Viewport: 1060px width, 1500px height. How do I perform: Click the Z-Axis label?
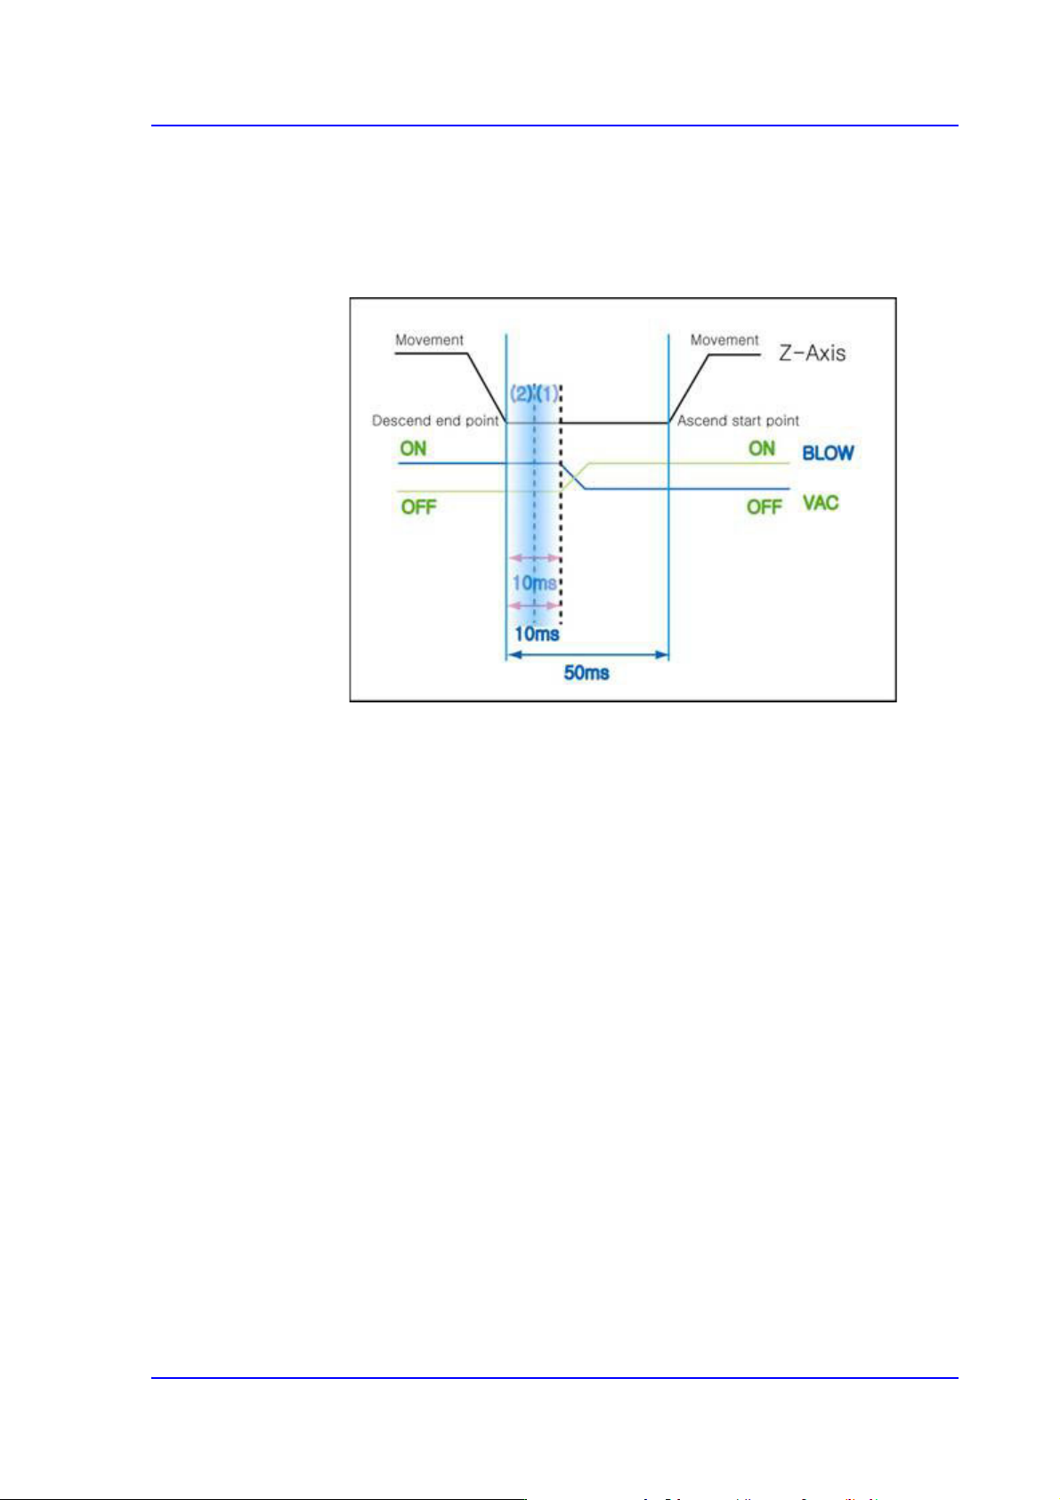[x=812, y=353]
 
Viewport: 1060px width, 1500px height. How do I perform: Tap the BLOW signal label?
[x=828, y=453]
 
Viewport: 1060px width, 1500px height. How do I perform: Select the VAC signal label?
[x=821, y=503]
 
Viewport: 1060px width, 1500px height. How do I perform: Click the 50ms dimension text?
[x=587, y=673]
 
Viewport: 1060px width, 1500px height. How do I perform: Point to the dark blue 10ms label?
[x=537, y=634]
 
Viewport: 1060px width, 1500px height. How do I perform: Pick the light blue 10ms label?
[x=534, y=584]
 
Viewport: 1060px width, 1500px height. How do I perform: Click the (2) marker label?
[x=521, y=393]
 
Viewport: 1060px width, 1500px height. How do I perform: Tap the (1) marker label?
[x=547, y=393]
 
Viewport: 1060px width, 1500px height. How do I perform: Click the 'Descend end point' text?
[x=435, y=420]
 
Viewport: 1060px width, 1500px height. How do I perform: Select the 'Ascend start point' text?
[x=738, y=420]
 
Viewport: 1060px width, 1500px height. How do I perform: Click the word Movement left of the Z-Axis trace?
[x=429, y=340]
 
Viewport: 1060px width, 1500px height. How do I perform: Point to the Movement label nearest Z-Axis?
[x=724, y=340]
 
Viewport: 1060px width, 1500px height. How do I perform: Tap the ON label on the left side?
[x=413, y=449]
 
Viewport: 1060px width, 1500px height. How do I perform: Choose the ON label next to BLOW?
[x=762, y=449]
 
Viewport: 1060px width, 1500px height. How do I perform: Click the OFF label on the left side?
[x=418, y=507]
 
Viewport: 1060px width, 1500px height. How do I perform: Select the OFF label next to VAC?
[x=764, y=507]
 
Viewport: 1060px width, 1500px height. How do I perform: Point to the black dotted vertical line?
[x=562, y=534]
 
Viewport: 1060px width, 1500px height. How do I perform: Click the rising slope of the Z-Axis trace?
[x=689, y=388]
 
